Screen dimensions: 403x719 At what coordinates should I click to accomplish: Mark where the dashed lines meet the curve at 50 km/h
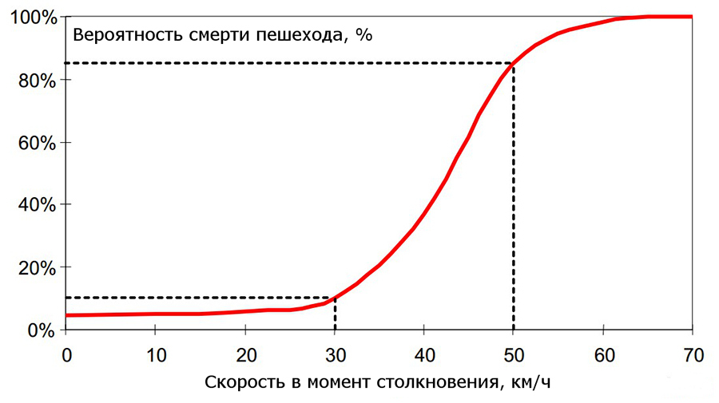513,63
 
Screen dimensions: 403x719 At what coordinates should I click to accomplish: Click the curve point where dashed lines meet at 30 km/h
335,298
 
